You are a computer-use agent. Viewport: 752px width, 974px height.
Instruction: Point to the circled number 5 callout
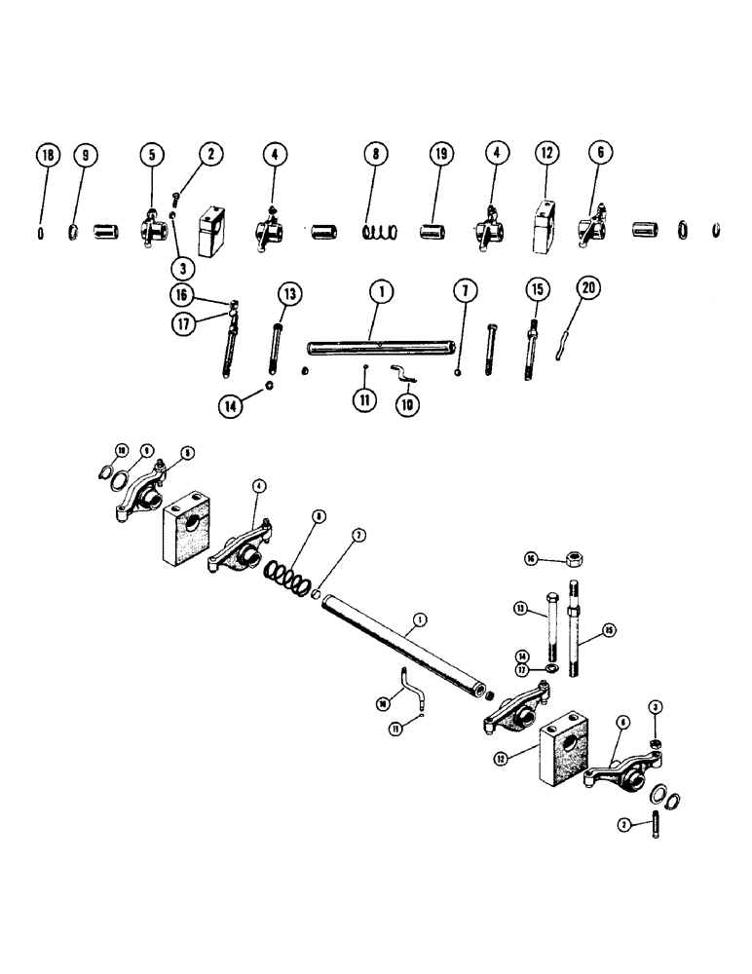153,156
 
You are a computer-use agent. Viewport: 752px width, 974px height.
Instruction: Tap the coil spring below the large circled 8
380,232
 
